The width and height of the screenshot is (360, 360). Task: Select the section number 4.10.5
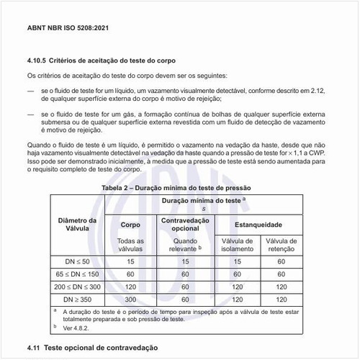pos(39,61)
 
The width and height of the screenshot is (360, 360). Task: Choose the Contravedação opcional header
pos(185,223)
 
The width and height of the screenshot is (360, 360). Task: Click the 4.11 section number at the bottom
pos(36,348)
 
